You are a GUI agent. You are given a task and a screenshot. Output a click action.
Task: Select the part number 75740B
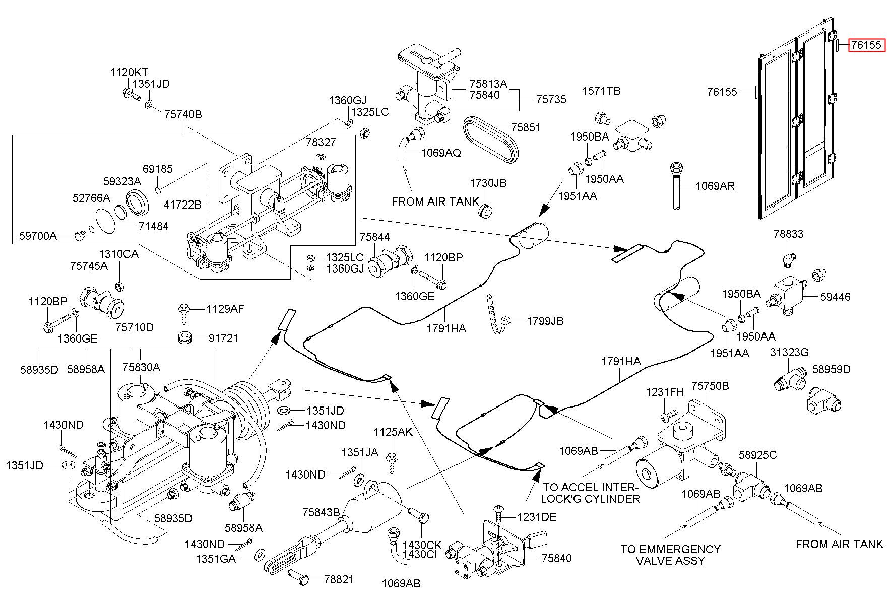(x=183, y=114)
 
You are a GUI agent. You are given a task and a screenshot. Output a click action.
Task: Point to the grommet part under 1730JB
(x=485, y=212)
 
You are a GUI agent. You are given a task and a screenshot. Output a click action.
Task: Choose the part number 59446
(x=835, y=297)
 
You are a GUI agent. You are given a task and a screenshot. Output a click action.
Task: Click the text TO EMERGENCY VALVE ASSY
(x=670, y=555)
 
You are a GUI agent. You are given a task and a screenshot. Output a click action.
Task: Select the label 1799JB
(x=545, y=321)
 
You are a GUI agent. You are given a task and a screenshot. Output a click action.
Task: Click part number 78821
(x=339, y=579)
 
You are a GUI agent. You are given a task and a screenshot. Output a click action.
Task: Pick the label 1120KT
(x=129, y=72)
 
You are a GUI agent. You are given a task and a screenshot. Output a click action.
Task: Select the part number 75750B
(x=710, y=386)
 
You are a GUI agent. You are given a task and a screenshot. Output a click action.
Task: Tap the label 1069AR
(x=715, y=186)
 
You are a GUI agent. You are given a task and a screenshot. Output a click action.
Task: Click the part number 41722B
(x=182, y=205)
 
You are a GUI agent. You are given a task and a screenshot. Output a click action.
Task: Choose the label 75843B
(x=321, y=512)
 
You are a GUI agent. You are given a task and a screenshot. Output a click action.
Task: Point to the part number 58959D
(x=832, y=369)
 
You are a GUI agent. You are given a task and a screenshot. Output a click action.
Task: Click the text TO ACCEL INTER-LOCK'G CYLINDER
(x=591, y=493)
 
